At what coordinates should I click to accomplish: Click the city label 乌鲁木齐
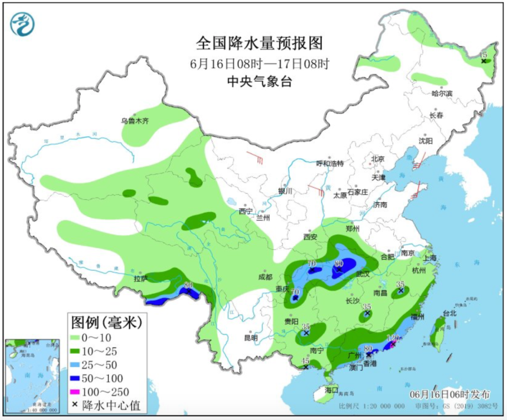click(135, 121)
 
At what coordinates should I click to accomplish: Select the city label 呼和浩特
click(330, 163)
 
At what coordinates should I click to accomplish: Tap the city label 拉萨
click(140, 279)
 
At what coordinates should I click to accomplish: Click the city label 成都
click(265, 277)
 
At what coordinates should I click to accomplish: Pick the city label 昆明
click(251, 337)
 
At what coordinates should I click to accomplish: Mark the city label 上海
click(429, 258)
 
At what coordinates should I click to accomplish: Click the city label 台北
click(449, 313)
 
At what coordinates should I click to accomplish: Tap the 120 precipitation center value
click(392, 338)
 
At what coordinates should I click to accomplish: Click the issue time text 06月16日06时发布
click(449, 394)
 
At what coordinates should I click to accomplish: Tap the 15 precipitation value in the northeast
click(484, 55)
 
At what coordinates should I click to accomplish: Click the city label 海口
click(331, 390)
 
